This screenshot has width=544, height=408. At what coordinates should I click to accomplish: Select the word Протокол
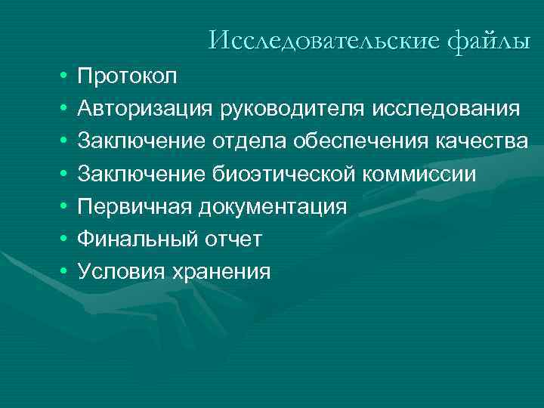[128, 76]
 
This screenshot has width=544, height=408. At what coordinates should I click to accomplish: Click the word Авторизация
[147, 109]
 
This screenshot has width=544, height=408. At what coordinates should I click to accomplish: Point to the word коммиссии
[422, 174]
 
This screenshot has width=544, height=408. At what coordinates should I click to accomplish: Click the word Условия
[122, 271]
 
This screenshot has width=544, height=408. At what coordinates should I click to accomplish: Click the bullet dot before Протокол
[60, 77]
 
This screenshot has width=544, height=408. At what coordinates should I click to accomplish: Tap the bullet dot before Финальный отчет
[60, 240]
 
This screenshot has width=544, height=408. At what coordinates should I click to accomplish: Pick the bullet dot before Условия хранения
[60, 272]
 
